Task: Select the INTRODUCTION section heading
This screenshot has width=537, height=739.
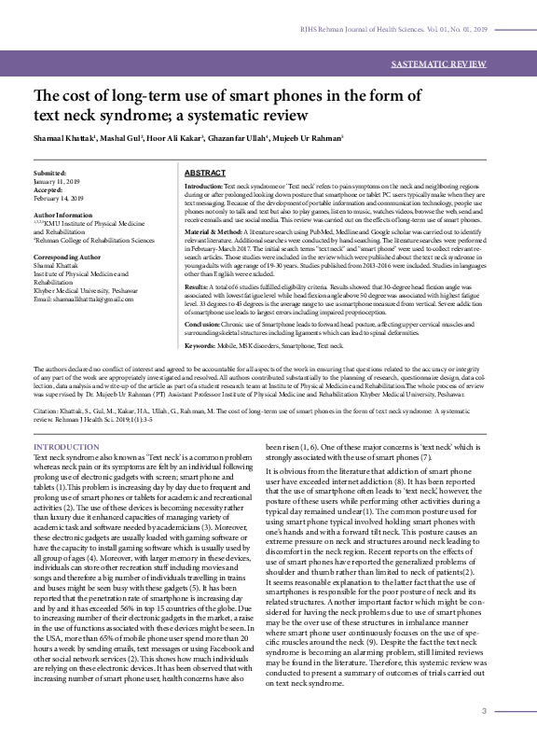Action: [66, 447]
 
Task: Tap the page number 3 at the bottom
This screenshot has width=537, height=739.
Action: [484, 712]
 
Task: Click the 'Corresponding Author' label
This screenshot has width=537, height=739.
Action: [68, 255]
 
